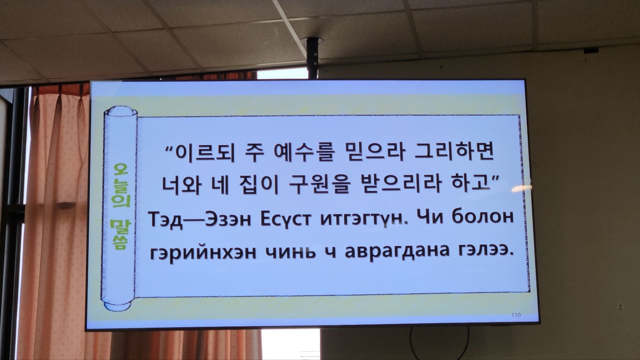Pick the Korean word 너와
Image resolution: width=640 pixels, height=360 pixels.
(181, 184)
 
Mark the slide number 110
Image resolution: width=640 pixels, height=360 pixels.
(515, 315)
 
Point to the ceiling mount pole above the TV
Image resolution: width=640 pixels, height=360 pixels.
(312, 58)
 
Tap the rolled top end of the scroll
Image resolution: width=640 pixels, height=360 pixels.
(120, 111)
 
